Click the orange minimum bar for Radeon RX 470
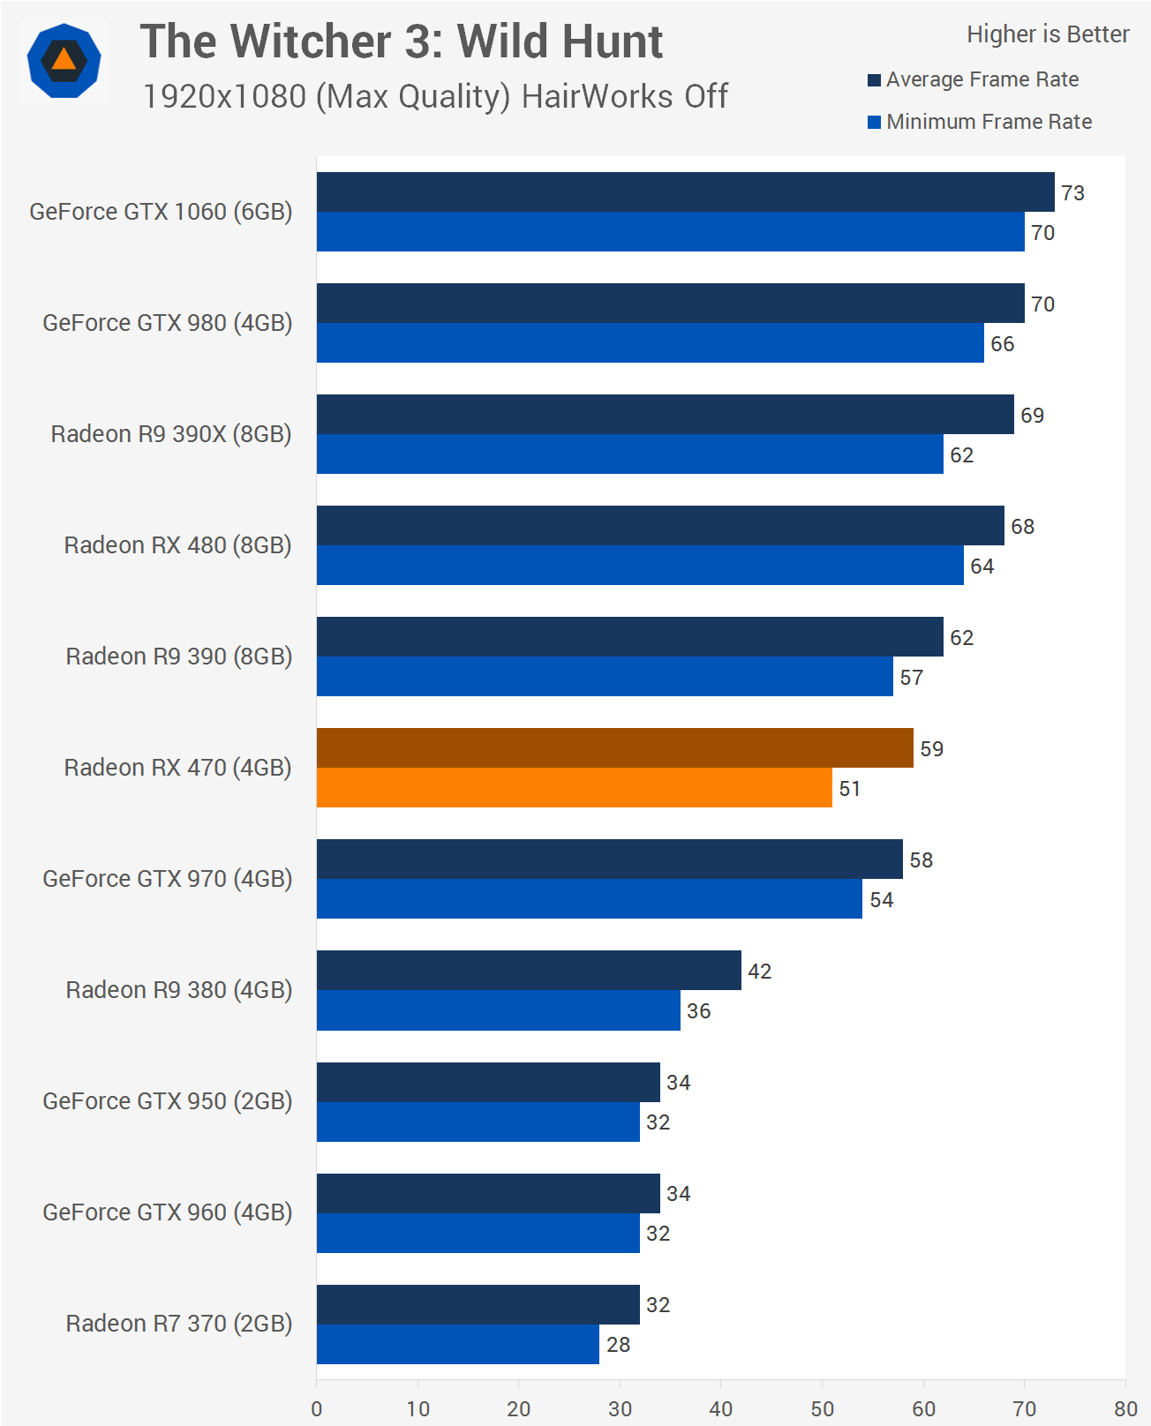click(574, 787)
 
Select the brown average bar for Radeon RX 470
click(614, 747)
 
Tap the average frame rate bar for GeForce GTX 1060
click(685, 191)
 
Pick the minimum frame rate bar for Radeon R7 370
click(457, 1344)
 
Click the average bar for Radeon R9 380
click(529, 970)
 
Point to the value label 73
click(1072, 193)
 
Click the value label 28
click(618, 1345)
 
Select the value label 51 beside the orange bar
click(849, 789)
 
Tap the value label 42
click(759, 972)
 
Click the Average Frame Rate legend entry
click(982, 79)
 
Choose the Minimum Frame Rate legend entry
click(989, 122)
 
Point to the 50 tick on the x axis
click(822, 1408)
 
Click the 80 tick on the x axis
click(1125, 1408)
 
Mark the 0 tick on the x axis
click(317, 1408)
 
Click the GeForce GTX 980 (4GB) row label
click(168, 323)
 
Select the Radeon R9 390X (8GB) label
click(171, 434)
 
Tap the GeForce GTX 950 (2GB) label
click(168, 1101)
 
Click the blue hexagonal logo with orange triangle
click(64, 61)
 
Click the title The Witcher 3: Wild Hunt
click(402, 41)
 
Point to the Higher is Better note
click(1048, 34)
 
